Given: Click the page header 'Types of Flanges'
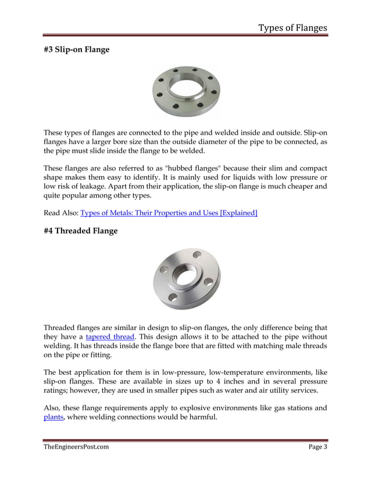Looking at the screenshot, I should [292, 28].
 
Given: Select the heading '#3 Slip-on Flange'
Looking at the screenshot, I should [77, 50].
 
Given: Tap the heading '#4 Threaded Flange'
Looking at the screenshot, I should [80, 231].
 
